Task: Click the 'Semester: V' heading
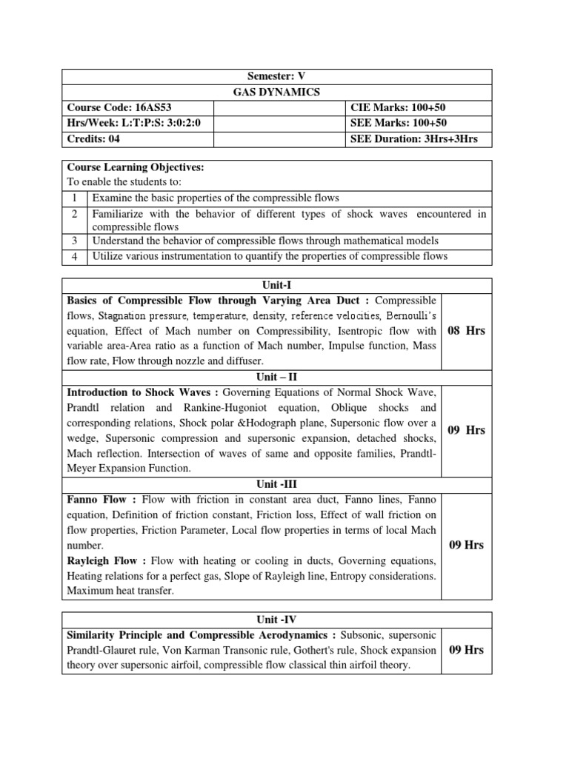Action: (276, 77)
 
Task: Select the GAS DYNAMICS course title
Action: (276, 93)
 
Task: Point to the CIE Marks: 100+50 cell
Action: (399, 108)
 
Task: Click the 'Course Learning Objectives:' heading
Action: (136, 168)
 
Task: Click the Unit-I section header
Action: (276, 285)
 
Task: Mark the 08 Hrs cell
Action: (466, 331)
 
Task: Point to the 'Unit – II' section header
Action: (276, 377)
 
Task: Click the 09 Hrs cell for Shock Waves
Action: (466, 430)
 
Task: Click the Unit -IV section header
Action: (276, 620)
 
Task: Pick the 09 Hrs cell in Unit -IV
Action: (466, 650)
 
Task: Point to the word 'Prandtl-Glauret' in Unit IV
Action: (104, 650)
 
